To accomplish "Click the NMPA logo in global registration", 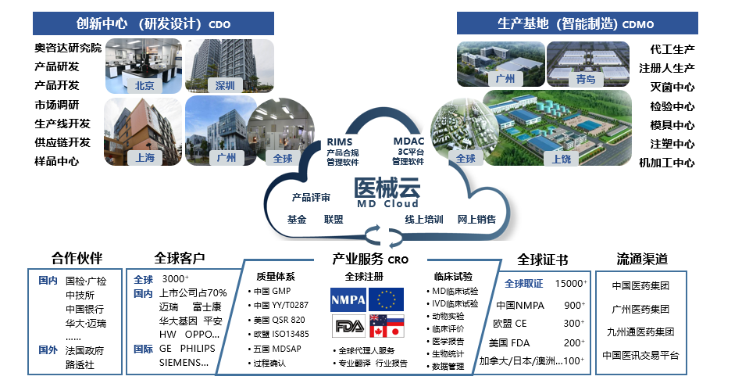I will point(348,299).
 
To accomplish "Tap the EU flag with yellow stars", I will point(386,299).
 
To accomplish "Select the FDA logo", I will point(348,324).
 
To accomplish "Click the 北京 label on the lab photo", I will point(144,85).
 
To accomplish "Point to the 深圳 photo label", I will point(225,85).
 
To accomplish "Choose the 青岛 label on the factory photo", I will point(585,80).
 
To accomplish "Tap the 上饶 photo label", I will point(562,158).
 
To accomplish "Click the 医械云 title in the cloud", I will point(387,188).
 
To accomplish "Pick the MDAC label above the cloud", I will point(408,142).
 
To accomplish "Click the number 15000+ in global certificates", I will point(570,283).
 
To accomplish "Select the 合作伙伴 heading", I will point(77,259).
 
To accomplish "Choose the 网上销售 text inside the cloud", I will point(476,220).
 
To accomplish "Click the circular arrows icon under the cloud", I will point(375,232).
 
